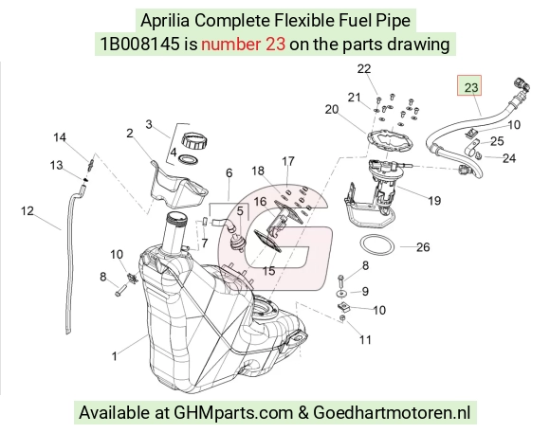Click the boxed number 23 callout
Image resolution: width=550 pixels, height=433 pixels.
click(x=469, y=85)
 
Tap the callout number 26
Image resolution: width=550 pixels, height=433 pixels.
click(x=423, y=247)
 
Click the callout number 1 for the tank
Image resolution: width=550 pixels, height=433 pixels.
click(x=115, y=356)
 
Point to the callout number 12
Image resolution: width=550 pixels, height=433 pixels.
click(x=27, y=211)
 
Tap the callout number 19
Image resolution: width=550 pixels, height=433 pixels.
click(x=434, y=201)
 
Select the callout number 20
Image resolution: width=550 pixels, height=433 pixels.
click(x=332, y=109)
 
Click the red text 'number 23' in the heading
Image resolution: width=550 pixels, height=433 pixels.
click(x=243, y=45)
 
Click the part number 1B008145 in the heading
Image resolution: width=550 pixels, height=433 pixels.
click(x=139, y=45)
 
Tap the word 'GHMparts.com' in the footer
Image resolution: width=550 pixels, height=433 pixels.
click(x=233, y=413)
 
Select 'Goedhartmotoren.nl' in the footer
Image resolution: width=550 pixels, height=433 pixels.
click(x=392, y=412)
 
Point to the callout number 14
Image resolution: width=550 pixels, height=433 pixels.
click(x=60, y=137)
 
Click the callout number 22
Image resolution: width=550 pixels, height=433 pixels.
click(x=364, y=69)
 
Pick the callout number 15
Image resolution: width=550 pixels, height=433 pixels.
click(x=268, y=271)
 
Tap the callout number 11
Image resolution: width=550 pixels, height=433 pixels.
click(x=365, y=339)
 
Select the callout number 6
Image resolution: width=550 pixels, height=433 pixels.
click(x=229, y=172)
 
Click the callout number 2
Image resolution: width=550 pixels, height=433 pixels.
click(x=130, y=134)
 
